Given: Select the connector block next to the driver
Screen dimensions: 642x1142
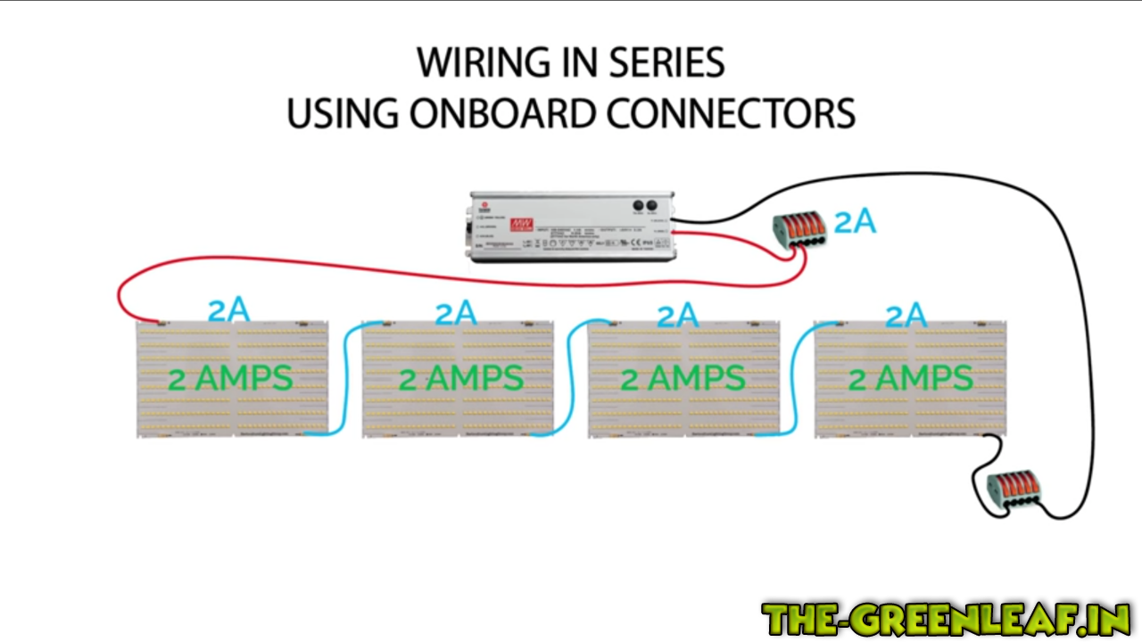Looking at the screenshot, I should (799, 229).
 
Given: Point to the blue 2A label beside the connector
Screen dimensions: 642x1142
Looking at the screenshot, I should (855, 222).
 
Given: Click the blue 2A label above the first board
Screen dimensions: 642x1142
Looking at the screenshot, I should (228, 310).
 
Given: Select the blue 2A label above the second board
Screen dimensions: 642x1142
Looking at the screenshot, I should (455, 313).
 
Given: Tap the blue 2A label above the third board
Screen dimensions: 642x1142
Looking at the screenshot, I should (677, 315).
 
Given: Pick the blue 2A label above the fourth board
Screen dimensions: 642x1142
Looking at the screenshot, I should (906, 316).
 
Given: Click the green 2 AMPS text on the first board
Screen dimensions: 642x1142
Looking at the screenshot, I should (230, 379).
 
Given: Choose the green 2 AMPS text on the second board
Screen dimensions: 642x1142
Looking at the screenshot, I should (460, 379).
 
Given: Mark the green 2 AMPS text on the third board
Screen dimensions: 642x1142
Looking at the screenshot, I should (683, 379).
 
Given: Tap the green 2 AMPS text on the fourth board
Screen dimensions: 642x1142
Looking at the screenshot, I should (910, 379).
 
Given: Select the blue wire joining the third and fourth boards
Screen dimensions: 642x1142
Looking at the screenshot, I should (796, 379).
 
